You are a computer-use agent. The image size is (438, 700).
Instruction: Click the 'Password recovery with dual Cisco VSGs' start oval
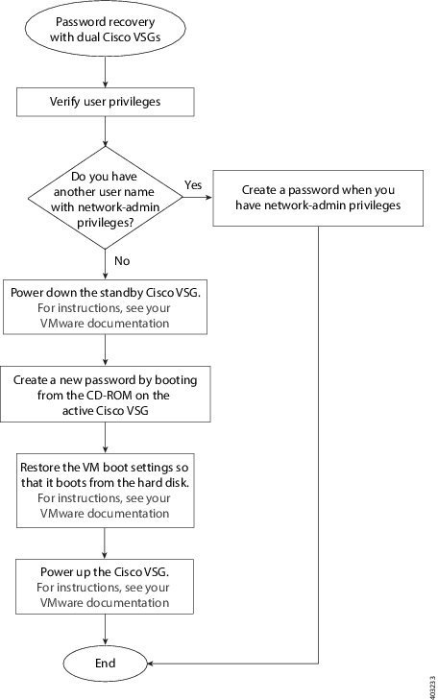coord(105,30)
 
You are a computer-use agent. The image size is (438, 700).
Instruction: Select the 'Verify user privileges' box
coord(105,100)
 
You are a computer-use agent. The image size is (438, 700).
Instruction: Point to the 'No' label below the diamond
coord(122,259)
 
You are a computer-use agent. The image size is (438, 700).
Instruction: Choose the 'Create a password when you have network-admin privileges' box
coord(317,199)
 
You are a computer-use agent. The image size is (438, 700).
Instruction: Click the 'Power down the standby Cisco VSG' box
coord(105,306)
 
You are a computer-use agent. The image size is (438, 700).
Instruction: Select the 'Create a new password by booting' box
coord(105,393)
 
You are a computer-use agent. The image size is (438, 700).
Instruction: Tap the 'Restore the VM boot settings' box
coord(105,488)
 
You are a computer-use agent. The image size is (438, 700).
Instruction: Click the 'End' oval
coord(105,663)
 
